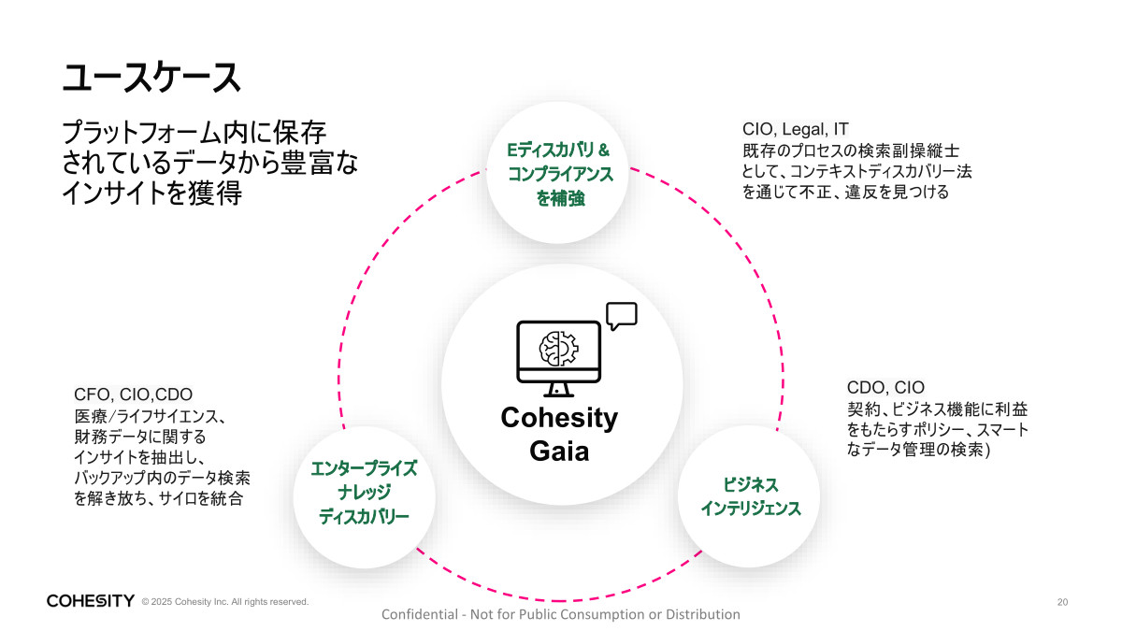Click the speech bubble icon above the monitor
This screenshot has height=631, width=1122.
pyautogui.click(x=621, y=316)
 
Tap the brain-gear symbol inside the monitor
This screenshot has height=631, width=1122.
pyautogui.click(x=559, y=348)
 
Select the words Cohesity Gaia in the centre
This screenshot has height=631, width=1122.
pyautogui.click(x=559, y=434)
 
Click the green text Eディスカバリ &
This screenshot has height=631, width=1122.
pyautogui.click(x=558, y=150)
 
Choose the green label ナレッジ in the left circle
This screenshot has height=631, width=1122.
pyautogui.click(x=364, y=493)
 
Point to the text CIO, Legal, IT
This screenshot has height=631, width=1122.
pyautogui.click(x=796, y=129)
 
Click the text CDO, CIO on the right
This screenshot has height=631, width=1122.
pyautogui.click(x=885, y=387)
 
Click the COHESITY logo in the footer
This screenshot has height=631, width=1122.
pyautogui.click(x=91, y=600)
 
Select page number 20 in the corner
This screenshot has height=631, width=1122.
pyautogui.click(x=1062, y=601)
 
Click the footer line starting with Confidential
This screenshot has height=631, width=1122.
pyautogui.click(x=561, y=614)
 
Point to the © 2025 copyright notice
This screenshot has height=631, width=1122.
pyautogui.click(x=224, y=602)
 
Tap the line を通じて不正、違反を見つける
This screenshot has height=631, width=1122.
pyautogui.click(x=845, y=193)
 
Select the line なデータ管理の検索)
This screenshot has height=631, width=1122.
pyautogui.click(x=920, y=451)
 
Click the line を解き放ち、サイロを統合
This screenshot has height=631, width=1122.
pyautogui.click(x=158, y=499)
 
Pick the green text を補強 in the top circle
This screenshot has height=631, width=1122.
pyautogui.click(x=560, y=198)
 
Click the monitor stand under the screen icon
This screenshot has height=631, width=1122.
pyautogui.click(x=558, y=390)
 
